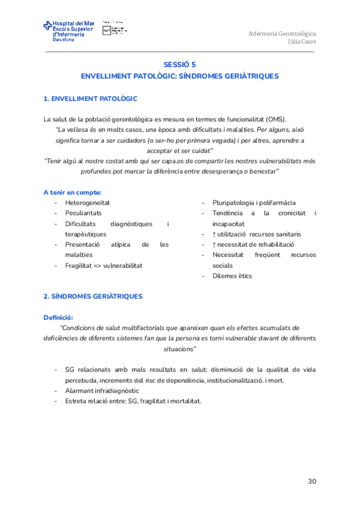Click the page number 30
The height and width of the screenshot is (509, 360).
point(311,481)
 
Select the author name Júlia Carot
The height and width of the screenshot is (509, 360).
point(302,42)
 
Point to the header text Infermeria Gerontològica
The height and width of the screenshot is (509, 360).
point(282,33)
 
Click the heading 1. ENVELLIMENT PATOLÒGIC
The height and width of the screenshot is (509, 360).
point(91,98)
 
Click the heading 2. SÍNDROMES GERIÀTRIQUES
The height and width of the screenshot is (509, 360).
point(92,297)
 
